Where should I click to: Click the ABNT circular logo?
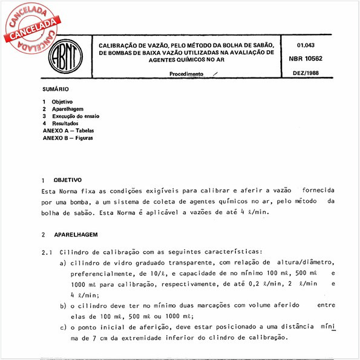63,58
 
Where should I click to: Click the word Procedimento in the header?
186,73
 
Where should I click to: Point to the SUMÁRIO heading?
55,88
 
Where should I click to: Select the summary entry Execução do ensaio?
75,116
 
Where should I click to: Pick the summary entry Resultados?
65,123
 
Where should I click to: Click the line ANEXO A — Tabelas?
68,130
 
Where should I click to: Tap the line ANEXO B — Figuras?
68,137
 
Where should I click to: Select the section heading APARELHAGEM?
76,234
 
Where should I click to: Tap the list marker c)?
63,327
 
